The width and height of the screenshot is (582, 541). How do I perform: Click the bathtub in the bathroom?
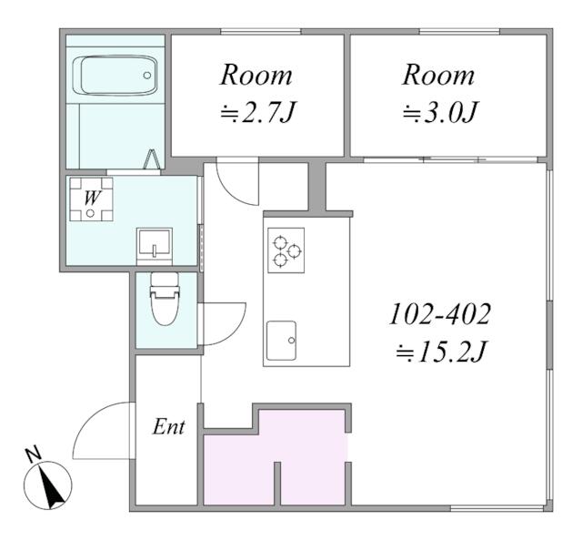pyautogui.click(x=115, y=75)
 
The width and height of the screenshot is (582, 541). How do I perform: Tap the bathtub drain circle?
pyautogui.click(x=147, y=75)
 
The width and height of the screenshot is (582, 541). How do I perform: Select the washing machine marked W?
pyautogui.click(x=91, y=199)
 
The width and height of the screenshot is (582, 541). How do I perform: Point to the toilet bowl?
pyautogui.click(x=165, y=300)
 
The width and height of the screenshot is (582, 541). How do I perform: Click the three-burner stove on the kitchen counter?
pyautogui.click(x=286, y=250)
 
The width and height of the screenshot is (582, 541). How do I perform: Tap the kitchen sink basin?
pyautogui.click(x=281, y=341)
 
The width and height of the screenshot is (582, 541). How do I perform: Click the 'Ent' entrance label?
pyautogui.click(x=169, y=426)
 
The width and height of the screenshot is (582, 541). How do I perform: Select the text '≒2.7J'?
pyautogui.click(x=257, y=111)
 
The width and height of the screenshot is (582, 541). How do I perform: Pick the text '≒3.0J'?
pyautogui.click(x=440, y=111)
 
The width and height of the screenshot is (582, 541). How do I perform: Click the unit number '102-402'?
pyautogui.click(x=440, y=314)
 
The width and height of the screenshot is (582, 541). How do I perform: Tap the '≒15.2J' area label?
pyautogui.click(x=440, y=352)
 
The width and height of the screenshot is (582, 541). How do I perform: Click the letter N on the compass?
pyautogui.click(x=33, y=454)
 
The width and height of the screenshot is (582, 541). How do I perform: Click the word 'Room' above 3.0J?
pyautogui.click(x=438, y=76)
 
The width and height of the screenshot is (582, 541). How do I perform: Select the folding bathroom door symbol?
pyautogui.click(x=152, y=159)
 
